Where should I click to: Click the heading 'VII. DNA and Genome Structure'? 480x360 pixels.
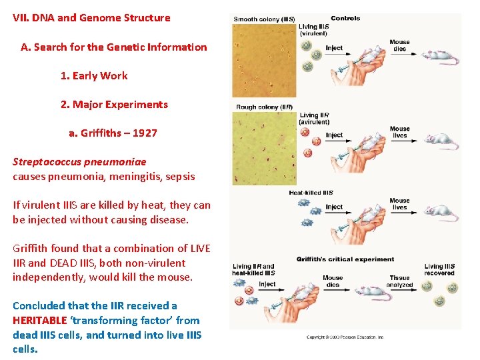point(91,18)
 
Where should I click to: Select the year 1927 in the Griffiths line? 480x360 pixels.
point(145,133)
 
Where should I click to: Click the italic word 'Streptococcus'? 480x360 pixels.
point(45,162)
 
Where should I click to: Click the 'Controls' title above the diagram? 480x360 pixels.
point(345,18)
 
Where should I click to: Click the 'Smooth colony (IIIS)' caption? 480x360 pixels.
point(264,19)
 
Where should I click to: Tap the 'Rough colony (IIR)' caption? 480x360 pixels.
point(264,107)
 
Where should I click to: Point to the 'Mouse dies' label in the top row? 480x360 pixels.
point(400,45)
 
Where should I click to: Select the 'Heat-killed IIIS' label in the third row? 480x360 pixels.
point(311,193)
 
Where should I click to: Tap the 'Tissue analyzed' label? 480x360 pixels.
point(400,281)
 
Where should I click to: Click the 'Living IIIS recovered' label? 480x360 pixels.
point(439,270)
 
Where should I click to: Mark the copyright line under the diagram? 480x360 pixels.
point(345,337)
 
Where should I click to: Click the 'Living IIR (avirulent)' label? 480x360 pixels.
point(314,119)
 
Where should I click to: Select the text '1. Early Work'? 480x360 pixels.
point(94,76)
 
